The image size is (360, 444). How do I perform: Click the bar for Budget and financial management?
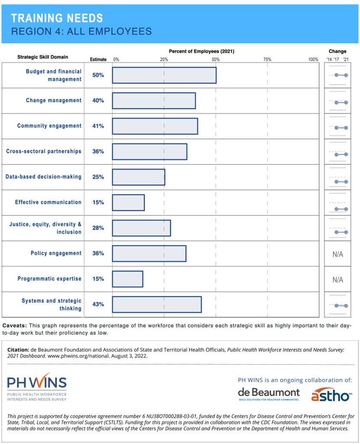(164, 75)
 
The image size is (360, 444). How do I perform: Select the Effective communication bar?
(128, 202)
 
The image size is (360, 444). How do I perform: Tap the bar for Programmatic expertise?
(127, 279)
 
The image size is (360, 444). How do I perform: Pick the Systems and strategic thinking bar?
(157, 304)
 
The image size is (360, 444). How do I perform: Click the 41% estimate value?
(98, 126)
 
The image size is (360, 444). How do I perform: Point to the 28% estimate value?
(98, 228)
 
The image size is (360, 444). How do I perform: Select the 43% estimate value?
(98, 304)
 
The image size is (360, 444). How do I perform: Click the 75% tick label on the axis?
(267, 59)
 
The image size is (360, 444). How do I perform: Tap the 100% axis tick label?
(313, 59)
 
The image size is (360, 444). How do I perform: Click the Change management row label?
(53, 101)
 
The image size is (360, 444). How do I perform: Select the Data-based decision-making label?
(43, 177)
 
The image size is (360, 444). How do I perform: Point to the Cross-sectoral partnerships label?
(43, 151)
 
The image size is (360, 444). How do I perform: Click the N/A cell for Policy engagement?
(338, 254)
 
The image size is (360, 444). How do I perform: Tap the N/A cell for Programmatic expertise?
(338, 280)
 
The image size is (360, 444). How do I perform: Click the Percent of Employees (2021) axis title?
(201, 51)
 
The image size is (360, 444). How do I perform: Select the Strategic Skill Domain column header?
(42, 57)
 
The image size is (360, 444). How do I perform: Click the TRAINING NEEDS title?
(57, 18)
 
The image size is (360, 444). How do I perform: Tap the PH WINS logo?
(37, 386)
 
